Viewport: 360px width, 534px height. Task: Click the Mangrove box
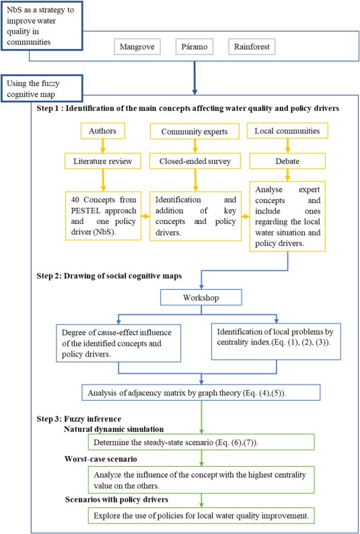point(137,46)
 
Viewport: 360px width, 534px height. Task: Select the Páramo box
point(194,46)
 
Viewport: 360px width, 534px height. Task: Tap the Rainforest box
point(252,46)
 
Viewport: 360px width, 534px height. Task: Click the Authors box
point(102,130)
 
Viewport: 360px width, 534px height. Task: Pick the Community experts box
point(194,131)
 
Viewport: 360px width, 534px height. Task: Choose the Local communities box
point(287,130)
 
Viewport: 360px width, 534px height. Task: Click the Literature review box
point(102,161)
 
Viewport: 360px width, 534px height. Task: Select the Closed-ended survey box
point(195,161)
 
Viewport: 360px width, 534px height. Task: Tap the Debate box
point(287,161)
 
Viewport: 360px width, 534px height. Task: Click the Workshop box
point(201,297)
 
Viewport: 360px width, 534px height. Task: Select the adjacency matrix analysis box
point(201,392)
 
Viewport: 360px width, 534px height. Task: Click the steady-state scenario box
point(201,442)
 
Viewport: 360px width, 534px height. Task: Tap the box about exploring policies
point(201,515)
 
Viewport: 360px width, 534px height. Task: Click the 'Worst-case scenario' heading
point(100,459)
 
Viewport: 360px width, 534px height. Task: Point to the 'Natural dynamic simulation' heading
point(114,429)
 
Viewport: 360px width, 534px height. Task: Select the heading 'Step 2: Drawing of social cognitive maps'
point(109,276)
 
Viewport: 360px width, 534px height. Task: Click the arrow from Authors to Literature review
point(102,146)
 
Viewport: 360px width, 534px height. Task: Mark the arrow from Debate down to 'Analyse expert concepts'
point(287,175)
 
